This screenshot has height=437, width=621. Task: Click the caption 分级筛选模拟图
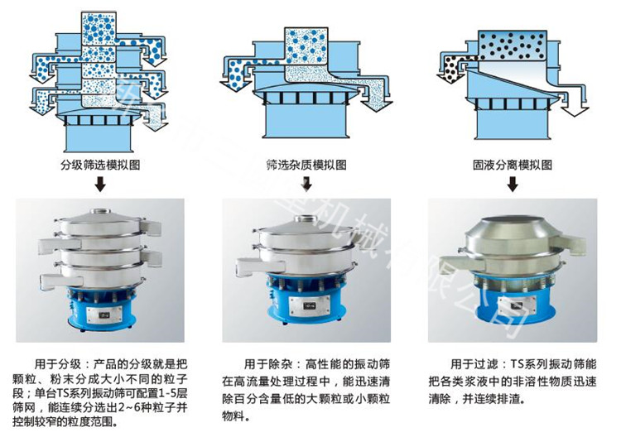coord(100,165)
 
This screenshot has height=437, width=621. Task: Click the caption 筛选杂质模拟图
coord(306,165)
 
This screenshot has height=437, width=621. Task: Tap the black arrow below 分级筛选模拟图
coord(100,185)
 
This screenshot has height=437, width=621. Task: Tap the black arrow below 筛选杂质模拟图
coord(306,185)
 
